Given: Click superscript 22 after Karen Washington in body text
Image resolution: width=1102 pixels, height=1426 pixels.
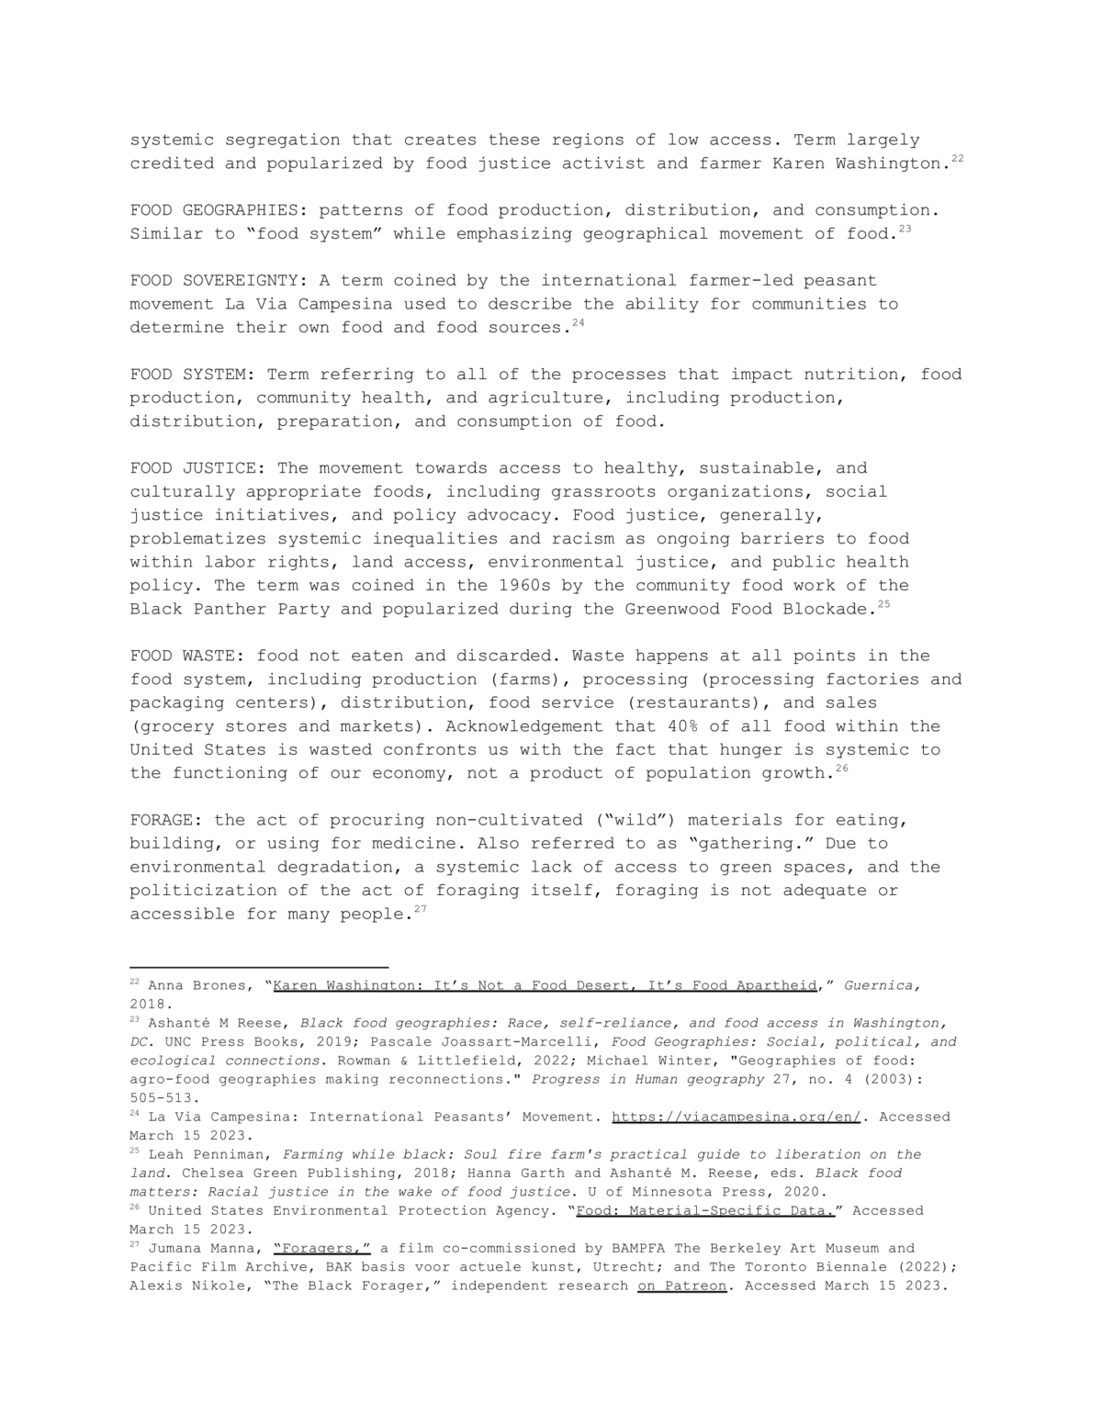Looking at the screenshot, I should coord(957,159).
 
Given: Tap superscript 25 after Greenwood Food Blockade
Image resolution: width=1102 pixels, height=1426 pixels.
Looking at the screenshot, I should coord(883,604).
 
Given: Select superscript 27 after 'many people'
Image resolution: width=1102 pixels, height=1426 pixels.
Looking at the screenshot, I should coord(421,909).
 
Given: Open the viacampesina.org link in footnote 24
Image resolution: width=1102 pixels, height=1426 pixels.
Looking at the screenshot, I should coord(736,1117).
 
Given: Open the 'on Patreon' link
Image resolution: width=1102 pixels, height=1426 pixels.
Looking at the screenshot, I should coord(681,1286).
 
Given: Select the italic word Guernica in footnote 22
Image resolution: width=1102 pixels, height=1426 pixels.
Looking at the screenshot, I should coord(880,985).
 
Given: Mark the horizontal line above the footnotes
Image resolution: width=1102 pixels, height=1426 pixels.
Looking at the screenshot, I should coord(259,967).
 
